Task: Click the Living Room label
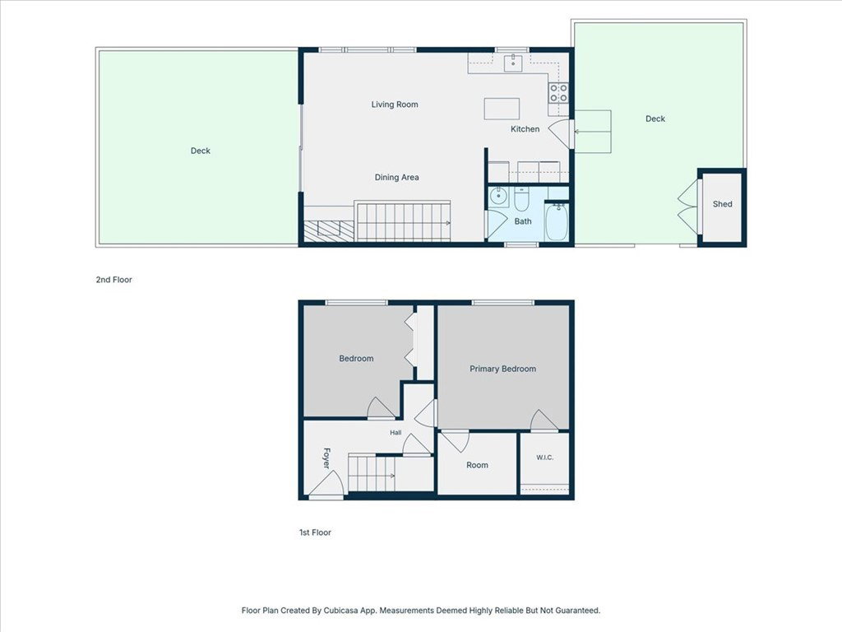click(x=395, y=105)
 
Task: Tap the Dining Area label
click(x=397, y=178)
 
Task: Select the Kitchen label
click(x=525, y=129)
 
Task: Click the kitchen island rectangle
click(x=502, y=109)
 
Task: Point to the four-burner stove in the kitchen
click(x=558, y=93)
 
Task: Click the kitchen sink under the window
click(x=513, y=63)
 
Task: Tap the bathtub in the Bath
click(x=557, y=222)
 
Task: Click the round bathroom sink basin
click(x=498, y=196)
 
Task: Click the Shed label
click(x=722, y=204)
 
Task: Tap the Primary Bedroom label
click(x=502, y=369)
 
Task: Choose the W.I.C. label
click(x=544, y=458)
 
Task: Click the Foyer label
click(x=326, y=458)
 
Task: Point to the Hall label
click(x=396, y=433)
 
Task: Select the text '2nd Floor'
click(x=113, y=280)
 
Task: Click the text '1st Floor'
click(x=315, y=532)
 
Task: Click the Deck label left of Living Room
click(x=201, y=151)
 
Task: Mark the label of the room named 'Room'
click(x=477, y=466)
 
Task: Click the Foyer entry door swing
click(x=327, y=482)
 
